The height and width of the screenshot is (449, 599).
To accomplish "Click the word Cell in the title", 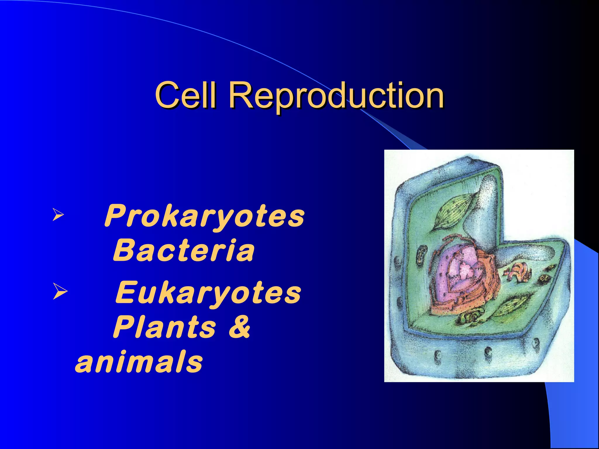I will [x=186, y=95].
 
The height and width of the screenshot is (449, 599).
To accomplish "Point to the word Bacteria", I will [x=184, y=250].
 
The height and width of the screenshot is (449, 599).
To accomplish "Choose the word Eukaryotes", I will [x=208, y=292].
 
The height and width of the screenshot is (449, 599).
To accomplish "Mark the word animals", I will [x=139, y=362].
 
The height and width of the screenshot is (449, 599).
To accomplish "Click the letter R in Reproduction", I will [x=242, y=95].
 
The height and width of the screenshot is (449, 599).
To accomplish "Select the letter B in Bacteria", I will [x=122, y=250].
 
